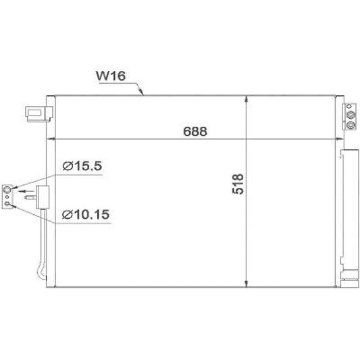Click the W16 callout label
pyautogui.click(x=111, y=76)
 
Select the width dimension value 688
pyautogui.click(x=195, y=131)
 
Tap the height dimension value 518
pyautogui.click(x=238, y=184)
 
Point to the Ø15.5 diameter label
pyautogui.click(x=82, y=165)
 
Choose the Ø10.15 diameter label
pyautogui.click(x=86, y=214)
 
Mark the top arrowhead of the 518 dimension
pyautogui.click(x=246, y=99)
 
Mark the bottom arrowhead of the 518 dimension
pyautogui.click(x=246, y=284)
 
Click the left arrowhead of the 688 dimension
pyautogui.click(x=50, y=138)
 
